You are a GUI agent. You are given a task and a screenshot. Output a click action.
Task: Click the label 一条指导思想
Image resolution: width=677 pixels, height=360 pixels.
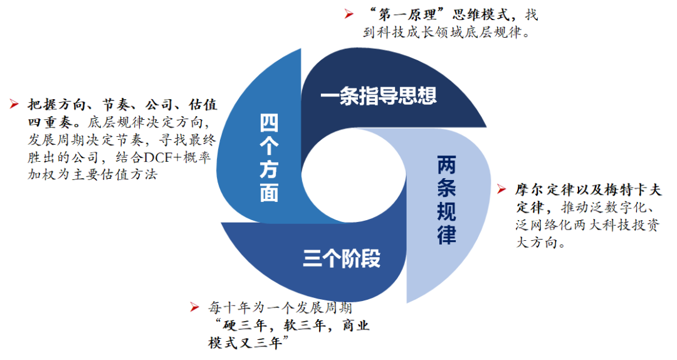pos(378,95)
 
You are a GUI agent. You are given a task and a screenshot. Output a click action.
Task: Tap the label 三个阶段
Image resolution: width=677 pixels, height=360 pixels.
pos(342,258)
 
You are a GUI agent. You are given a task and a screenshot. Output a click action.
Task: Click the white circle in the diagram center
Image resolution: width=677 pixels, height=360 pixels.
pos(355,176)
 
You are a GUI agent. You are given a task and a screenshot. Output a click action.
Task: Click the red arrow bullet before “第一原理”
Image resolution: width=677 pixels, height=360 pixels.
pos(347,11)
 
